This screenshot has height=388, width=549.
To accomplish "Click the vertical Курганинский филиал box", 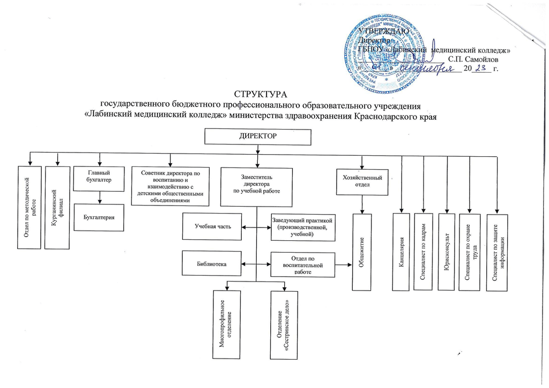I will (x=57, y=208).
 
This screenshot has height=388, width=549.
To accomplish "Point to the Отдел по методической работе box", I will (x=31, y=208).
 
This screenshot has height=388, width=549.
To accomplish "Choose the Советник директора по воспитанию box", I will (x=170, y=186).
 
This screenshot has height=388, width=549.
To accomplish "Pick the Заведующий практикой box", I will (x=303, y=227).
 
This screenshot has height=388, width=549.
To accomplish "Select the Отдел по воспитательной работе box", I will (x=303, y=264).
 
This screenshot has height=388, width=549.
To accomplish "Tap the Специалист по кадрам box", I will (x=424, y=252).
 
